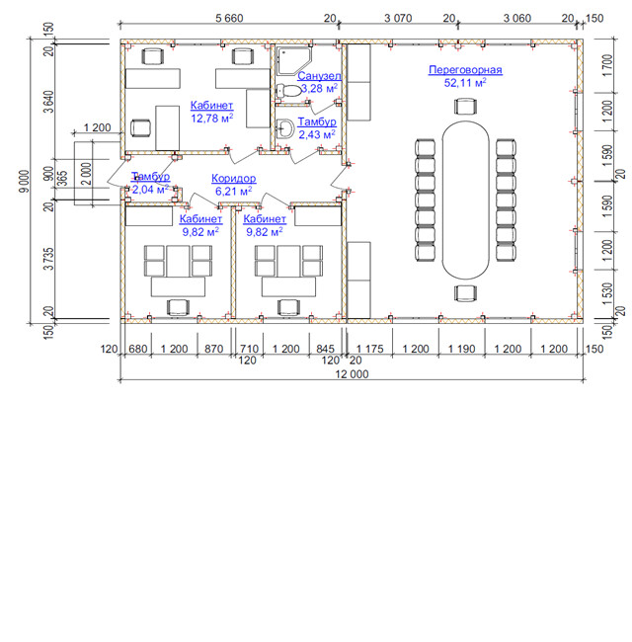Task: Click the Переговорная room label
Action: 465,70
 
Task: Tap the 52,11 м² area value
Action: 465,83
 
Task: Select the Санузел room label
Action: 320,75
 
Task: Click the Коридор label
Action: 234,178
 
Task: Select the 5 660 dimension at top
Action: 228,17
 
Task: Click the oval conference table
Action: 465,201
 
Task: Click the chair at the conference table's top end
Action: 465,108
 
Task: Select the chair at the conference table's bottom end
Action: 465,292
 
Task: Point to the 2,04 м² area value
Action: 150,189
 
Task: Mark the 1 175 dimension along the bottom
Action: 369,350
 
